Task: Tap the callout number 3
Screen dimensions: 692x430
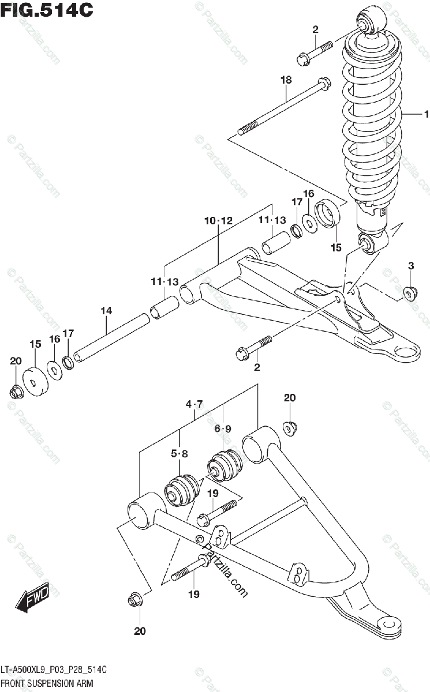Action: (411, 266)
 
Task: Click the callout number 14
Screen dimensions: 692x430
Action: (106, 311)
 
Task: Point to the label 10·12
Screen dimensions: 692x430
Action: (218, 221)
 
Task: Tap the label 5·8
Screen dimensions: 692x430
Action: (180, 454)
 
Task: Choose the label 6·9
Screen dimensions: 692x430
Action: (223, 428)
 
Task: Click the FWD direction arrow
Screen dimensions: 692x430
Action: (33, 598)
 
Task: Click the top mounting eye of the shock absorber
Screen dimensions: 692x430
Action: (369, 20)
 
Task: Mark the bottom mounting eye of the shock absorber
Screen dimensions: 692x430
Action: (368, 245)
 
